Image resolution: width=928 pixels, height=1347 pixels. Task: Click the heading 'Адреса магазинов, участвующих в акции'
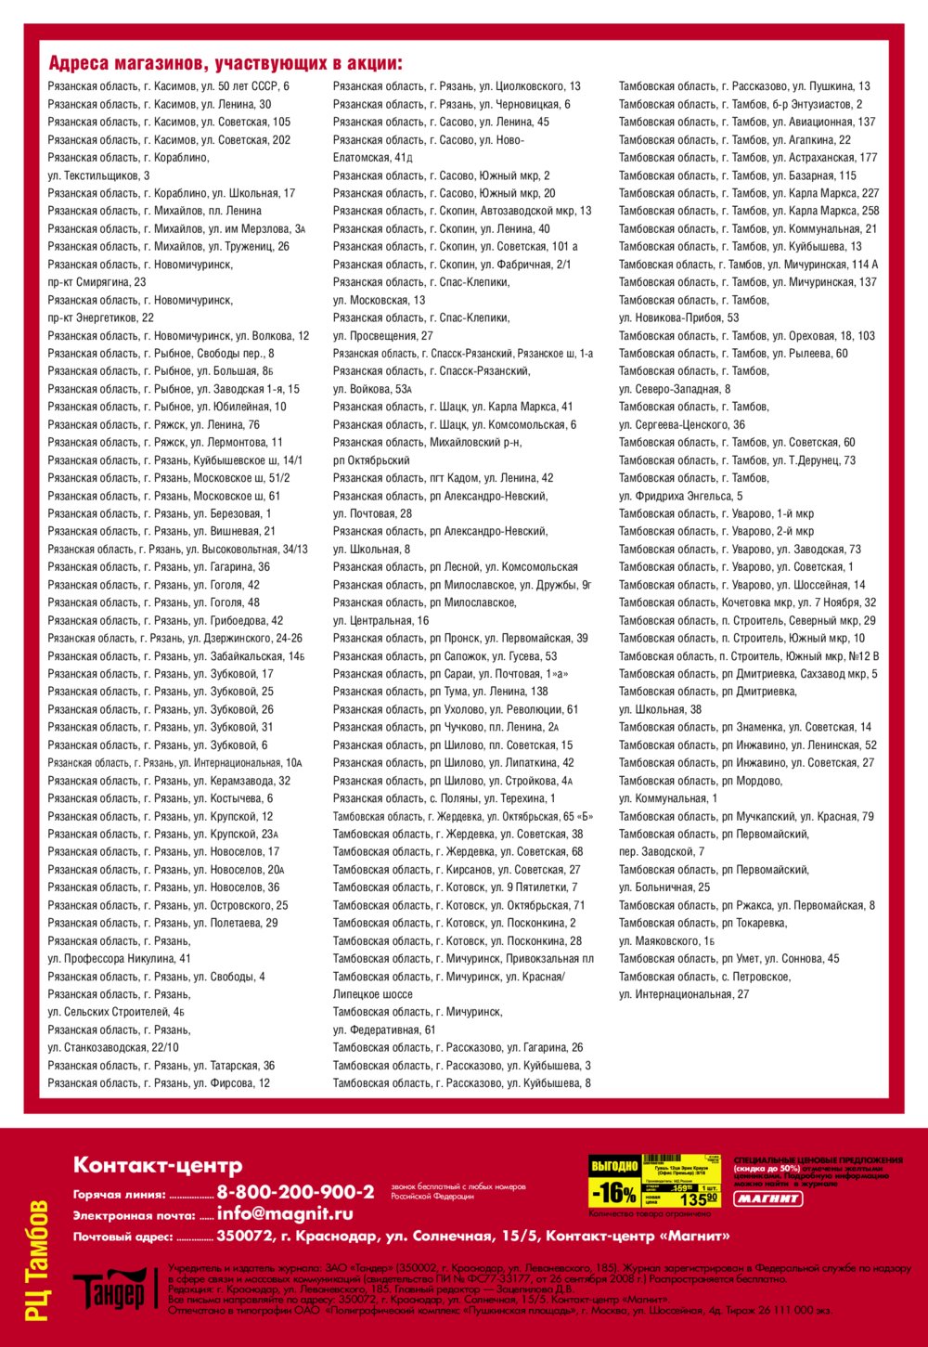click(x=226, y=64)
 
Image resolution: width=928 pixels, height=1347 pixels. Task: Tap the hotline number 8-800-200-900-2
click(x=295, y=1192)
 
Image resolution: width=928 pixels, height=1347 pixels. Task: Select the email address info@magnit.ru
click(x=285, y=1213)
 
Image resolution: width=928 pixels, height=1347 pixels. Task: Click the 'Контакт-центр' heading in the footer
click(x=158, y=1165)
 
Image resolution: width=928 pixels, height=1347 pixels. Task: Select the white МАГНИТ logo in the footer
click(x=768, y=1198)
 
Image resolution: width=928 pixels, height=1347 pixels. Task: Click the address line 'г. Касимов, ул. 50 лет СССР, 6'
click(x=168, y=86)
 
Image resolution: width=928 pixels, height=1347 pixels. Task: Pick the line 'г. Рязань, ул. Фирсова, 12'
click(x=159, y=1083)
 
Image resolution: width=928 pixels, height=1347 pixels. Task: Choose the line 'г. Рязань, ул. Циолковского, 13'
click(x=457, y=86)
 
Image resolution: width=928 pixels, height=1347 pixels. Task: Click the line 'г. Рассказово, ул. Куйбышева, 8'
click(x=461, y=1083)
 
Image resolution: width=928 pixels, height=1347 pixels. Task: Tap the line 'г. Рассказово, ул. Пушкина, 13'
click(x=744, y=86)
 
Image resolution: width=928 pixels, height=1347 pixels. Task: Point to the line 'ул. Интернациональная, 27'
click(x=684, y=994)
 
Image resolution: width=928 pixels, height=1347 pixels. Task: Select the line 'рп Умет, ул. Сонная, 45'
click(x=728, y=959)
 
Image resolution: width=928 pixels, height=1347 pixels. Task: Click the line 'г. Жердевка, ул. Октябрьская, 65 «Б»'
click(x=462, y=817)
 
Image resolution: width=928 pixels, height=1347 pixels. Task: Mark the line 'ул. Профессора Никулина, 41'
click(x=120, y=959)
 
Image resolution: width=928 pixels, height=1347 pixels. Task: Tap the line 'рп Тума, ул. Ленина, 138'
click(x=440, y=692)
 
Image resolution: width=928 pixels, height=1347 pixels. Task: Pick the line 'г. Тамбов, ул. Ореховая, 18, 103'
click(x=747, y=336)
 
